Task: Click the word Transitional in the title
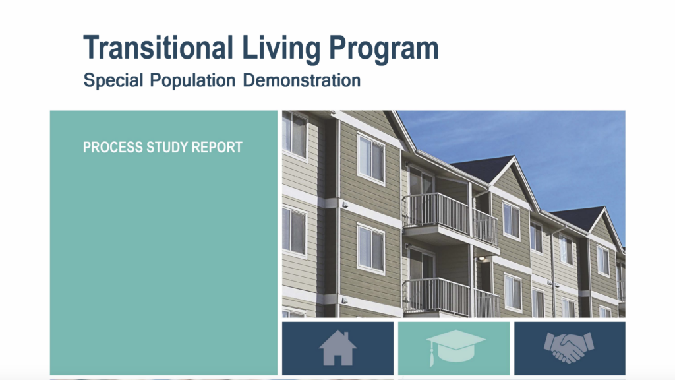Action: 158,47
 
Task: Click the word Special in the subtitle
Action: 113,80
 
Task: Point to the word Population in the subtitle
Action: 193,80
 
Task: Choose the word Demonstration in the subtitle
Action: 302,80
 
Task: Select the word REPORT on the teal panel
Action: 217,147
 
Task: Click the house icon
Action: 338,348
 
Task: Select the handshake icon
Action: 569,347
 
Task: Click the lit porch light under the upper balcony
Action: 482,259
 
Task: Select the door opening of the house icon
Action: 337,360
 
